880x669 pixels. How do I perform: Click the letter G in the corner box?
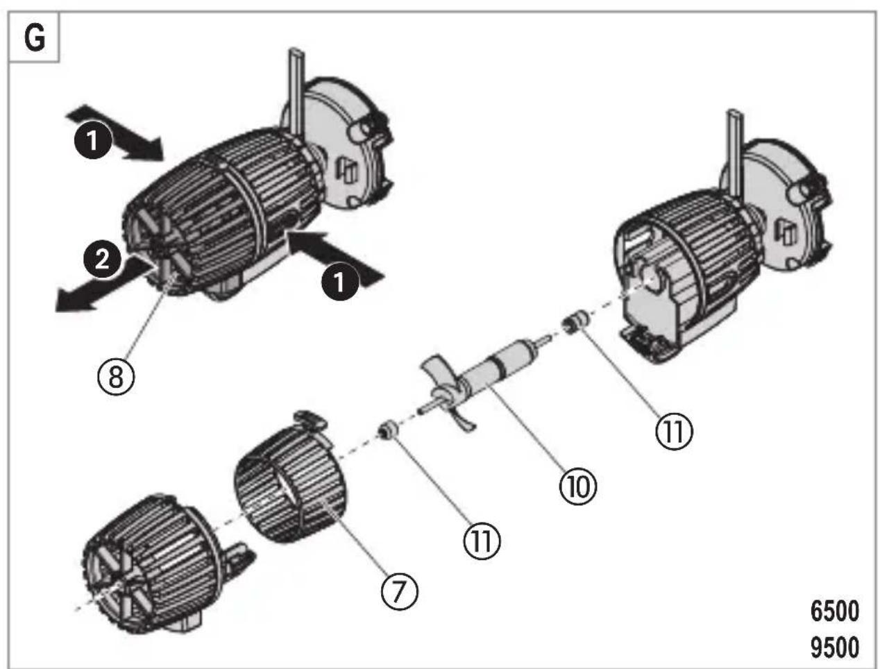(x=35, y=38)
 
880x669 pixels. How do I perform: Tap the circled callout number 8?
(x=117, y=377)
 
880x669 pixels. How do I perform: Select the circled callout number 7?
(x=399, y=591)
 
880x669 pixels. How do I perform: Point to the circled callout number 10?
(x=577, y=486)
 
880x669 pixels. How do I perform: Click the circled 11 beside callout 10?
(x=674, y=431)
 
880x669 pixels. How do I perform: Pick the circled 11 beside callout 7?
(x=482, y=541)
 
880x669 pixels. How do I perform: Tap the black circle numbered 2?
(x=102, y=260)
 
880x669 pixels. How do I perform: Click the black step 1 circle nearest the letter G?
(x=92, y=140)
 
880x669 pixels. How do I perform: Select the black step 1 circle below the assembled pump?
(x=340, y=282)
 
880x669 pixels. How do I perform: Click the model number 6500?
(x=835, y=611)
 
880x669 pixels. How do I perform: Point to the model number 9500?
(x=835, y=647)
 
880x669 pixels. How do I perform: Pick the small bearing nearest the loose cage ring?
(x=388, y=430)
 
